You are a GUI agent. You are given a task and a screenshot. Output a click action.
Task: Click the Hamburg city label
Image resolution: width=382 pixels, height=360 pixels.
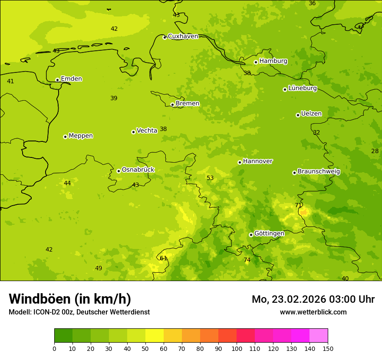[x=273, y=61]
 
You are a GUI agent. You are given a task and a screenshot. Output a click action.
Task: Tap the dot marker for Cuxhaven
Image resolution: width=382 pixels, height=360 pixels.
[x=165, y=37]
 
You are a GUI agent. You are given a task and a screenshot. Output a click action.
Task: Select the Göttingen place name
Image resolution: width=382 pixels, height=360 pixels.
[x=269, y=233]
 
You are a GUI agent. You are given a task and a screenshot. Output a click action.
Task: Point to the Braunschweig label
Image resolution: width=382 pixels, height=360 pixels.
[x=319, y=171]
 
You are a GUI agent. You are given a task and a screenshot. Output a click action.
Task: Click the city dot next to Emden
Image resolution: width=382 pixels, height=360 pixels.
[x=57, y=80]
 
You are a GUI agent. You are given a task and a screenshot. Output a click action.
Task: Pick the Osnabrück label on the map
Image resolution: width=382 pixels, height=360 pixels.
[x=138, y=170]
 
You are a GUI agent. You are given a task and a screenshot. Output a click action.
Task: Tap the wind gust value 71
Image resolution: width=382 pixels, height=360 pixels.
[x=298, y=205]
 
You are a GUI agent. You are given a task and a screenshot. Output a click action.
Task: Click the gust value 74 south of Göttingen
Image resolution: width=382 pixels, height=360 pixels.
[x=247, y=260]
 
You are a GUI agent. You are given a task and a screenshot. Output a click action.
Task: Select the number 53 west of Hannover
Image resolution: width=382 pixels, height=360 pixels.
[x=210, y=178]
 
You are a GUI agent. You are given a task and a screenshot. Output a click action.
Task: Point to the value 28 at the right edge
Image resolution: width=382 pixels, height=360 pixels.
[x=375, y=151]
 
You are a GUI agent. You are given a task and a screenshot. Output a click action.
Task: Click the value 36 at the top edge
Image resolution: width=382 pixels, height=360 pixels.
[x=312, y=3]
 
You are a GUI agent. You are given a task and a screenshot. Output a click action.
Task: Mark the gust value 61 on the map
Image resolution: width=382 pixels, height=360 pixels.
[x=163, y=258]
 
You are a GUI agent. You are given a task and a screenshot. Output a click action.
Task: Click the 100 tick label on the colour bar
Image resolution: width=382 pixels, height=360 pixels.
[x=237, y=348]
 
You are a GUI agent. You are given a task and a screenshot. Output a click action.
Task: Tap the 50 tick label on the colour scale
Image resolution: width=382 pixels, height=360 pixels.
[x=145, y=348]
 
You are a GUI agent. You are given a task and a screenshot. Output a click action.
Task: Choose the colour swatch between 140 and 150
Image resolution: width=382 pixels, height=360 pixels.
[x=319, y=336]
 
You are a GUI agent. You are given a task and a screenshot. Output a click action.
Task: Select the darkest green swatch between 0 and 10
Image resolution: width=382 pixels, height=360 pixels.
[x=63, y=336]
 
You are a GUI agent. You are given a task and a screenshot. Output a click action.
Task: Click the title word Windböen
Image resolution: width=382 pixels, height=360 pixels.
[x=39, y=299]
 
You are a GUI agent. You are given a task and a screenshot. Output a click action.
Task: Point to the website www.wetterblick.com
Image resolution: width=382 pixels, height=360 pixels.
[x=313, y=312]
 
